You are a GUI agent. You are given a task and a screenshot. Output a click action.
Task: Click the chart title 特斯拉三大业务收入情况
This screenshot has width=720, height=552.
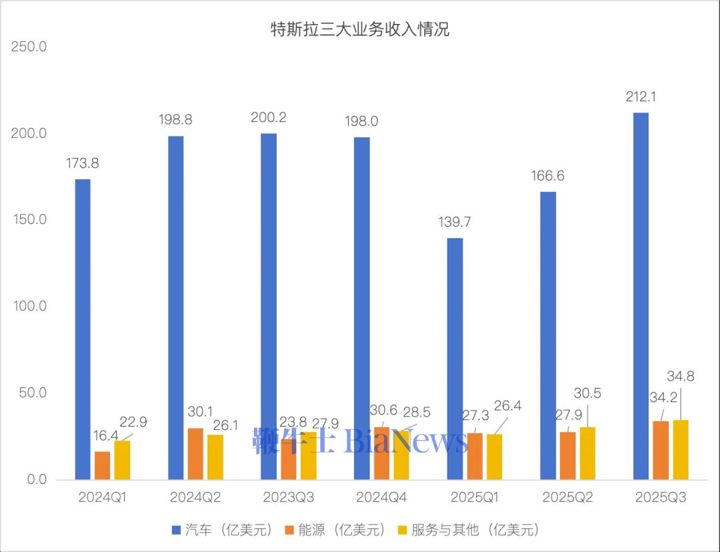coord(359,29)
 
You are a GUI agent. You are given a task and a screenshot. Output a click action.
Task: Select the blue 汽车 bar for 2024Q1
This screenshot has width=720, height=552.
coord(83,329)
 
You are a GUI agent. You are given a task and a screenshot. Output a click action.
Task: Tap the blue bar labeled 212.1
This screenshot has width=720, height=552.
coord(641,296)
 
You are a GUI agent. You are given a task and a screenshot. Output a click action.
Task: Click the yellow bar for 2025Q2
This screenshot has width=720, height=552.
coord(588,453)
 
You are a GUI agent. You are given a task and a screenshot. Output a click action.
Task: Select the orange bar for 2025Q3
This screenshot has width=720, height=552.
coord(661,451)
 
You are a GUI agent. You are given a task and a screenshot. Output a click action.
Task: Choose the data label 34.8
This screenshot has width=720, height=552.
coord(680,376)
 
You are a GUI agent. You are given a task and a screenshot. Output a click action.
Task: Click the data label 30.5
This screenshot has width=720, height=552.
coord(587,393)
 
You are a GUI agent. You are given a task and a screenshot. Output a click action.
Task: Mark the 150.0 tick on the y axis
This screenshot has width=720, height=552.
coord(29,220)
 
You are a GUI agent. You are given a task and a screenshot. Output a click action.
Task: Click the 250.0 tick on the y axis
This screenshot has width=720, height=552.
coord(29,47)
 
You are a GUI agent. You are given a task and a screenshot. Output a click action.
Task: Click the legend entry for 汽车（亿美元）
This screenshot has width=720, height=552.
coord(223,530)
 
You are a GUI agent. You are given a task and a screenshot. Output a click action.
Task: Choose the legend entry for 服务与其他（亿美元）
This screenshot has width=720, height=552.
coord(468,530)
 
